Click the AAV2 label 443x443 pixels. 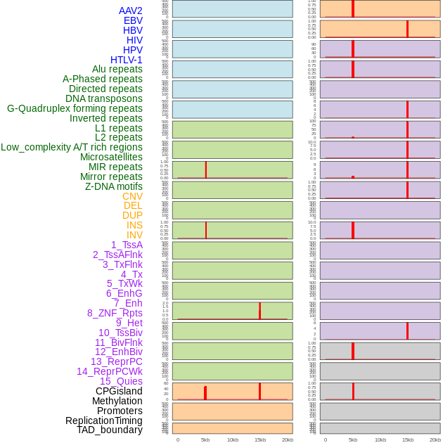[x=131, y=11]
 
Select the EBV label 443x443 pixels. [x=133, y=20]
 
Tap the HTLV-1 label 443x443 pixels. [x=127, y=60]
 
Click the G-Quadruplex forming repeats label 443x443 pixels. [x=75, y=108]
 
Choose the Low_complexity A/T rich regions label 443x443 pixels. [x=72, y=147]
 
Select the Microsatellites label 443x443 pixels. [x=111, y=157]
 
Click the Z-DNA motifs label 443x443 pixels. [x=114, y=186]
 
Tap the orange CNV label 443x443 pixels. [x=132, y=196]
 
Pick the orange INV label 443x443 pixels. [x=134, y=235]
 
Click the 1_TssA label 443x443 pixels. [x=127, y=245]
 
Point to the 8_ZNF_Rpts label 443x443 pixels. [x=115, y=313]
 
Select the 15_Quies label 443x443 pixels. [x=121, y=381]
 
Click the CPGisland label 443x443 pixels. [x=119, y=391]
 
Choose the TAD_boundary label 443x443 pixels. [x=110, y=430]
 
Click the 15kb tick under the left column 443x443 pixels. [x=259, y=439]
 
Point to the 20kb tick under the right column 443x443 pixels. [x=435, y=439]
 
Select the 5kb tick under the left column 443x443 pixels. [x=205, y=439]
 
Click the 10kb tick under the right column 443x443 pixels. [x=380, y=439]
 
